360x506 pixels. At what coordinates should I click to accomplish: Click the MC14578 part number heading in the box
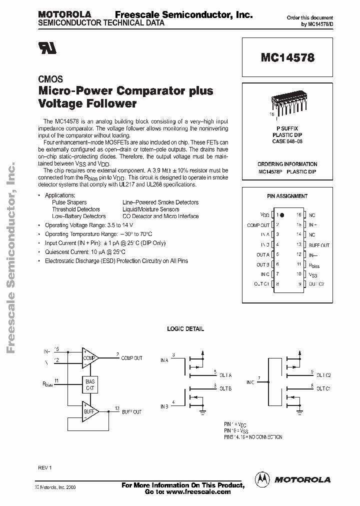click(287, 57)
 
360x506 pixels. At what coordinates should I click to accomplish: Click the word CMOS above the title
click(50, 79)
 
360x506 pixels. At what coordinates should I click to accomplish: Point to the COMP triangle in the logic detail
click(90, 357)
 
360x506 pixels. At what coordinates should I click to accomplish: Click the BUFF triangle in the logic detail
click(90, 411)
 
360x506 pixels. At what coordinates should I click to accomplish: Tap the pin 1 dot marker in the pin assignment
click(282, 215)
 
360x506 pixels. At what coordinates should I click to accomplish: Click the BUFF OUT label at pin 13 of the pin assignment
click(318, 245)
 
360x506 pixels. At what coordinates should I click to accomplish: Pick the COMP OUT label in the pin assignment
click(258, 225)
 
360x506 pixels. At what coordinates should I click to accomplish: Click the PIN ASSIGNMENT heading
click(287, 196)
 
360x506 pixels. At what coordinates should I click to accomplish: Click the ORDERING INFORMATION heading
click(287, 164)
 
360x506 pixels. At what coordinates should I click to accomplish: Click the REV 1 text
click(45, 467)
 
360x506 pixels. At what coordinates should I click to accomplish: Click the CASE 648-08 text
click(287, 141)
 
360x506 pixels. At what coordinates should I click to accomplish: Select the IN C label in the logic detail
click(250, 382)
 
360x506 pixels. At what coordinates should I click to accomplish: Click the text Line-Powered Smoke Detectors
click(160, 202)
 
